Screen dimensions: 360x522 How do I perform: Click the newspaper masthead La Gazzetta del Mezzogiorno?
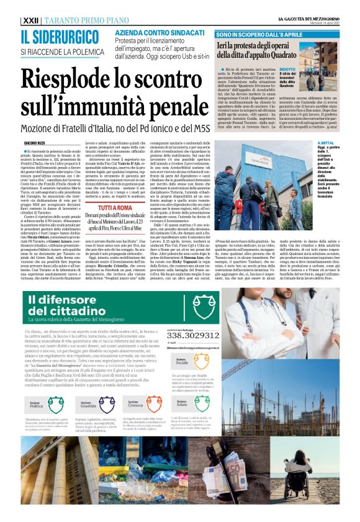point(309,19)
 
